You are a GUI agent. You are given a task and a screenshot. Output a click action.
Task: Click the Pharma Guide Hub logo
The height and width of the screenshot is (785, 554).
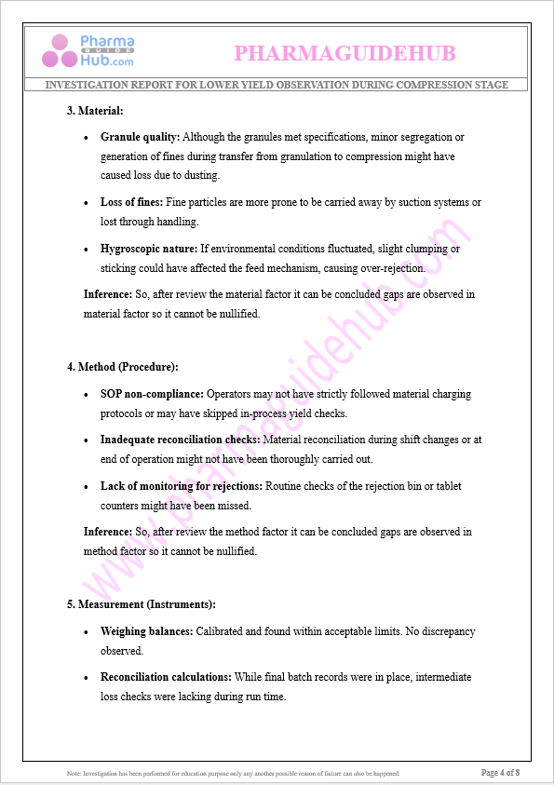[88, 51]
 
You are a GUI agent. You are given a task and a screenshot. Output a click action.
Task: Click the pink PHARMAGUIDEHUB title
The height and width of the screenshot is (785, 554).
[345, 53]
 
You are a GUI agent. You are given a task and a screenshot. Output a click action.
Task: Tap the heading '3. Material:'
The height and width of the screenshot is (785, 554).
[94, 110]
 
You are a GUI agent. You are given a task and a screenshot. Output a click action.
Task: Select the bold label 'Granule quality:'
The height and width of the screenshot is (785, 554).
[141, 137]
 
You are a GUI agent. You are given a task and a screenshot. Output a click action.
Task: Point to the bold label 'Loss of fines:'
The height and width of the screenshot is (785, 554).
[131, 202]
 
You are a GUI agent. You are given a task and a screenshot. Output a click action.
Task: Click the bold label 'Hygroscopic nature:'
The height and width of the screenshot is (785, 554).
[149, 249]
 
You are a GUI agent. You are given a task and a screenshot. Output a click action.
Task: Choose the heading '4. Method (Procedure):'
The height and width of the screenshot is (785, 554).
[122, 367]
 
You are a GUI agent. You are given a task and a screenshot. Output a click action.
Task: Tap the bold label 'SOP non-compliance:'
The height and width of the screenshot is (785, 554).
[152, 394]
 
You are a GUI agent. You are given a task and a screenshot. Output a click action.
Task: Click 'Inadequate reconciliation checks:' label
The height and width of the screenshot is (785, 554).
[181, 440]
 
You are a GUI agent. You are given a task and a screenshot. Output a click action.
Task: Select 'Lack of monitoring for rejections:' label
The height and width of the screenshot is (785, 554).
[182, 486]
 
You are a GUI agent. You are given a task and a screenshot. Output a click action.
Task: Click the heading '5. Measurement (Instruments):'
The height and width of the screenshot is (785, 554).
[141, 604]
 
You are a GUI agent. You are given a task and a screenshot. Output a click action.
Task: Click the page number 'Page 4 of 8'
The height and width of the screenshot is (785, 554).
[500, 772]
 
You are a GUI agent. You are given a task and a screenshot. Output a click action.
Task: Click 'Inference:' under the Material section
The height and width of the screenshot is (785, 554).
[107, 294]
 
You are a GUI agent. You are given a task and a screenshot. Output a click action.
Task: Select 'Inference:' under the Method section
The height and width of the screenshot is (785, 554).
[107, 532]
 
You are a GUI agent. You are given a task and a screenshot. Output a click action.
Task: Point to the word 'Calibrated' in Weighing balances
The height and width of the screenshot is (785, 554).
[220, 631]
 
